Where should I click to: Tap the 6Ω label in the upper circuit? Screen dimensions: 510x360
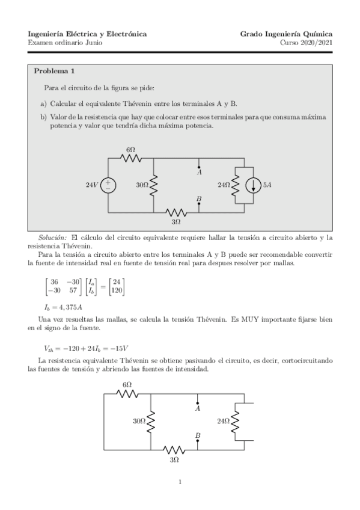click(x=130, y=149)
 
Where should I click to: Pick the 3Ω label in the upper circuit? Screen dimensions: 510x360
click(x=176, y=222)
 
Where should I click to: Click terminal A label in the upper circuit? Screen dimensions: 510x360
click(x=199, y=172)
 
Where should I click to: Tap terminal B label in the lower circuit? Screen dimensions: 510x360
click(x=198, y=434)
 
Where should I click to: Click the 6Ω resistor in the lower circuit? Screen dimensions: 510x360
click(x=128, y=394)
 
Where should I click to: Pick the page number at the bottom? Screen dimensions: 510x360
click(x=180, y=481)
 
